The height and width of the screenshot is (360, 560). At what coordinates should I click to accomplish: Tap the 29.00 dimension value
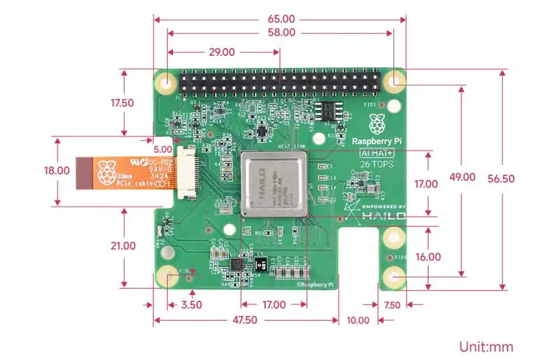221,52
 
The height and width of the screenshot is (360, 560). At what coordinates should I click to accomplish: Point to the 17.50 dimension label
122,102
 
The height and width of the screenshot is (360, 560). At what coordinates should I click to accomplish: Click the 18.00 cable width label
57,170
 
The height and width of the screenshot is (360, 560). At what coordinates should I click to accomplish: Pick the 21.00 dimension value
122,246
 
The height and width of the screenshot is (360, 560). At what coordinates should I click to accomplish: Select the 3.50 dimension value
191,305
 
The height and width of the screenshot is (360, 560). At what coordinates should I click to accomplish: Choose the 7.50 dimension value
392,305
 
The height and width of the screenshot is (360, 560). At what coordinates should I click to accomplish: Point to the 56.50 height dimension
501,179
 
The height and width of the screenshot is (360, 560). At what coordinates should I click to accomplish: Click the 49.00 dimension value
462,178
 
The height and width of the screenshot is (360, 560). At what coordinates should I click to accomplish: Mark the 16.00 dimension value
428,257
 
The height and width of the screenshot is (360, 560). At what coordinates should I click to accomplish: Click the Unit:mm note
486,346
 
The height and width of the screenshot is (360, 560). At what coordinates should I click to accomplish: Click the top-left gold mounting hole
167,82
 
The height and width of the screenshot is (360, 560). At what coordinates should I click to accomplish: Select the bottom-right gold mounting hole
393,278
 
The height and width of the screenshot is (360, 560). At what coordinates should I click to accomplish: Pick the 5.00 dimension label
162,149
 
